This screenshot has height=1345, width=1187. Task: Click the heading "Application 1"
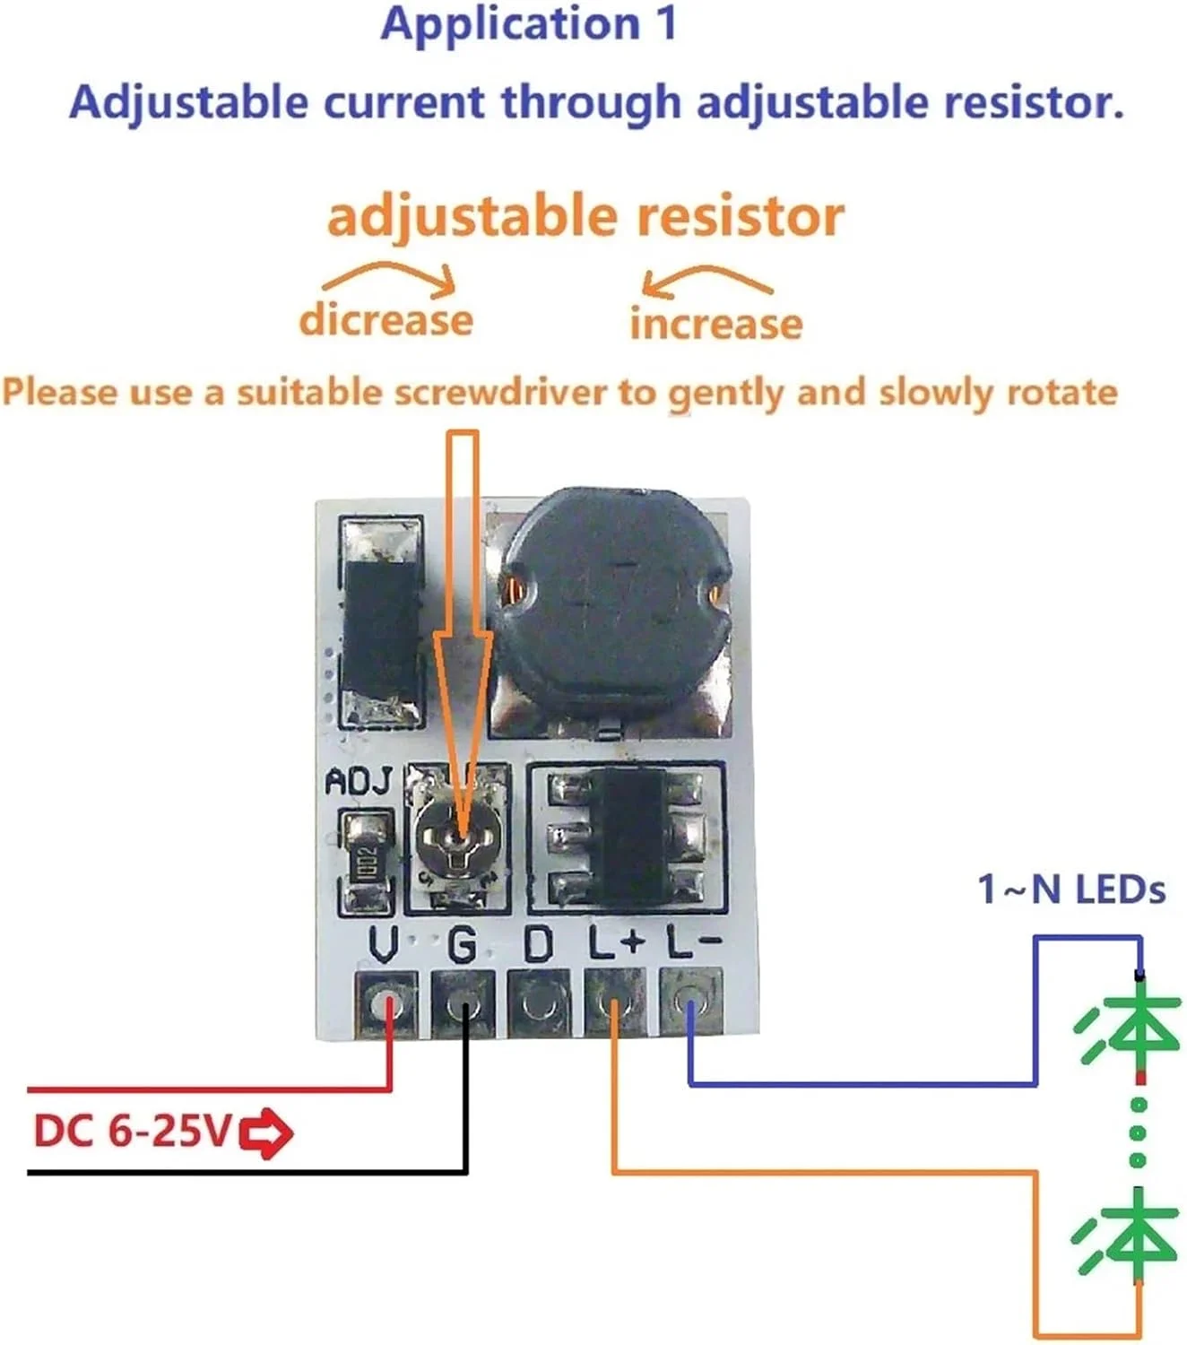tap(529, 24)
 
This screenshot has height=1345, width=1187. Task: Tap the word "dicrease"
tap(386, 320)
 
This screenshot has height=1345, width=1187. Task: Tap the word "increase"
tap(715, 324)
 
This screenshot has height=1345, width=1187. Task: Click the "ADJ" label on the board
tap(359, 782)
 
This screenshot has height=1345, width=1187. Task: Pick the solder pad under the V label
tap(386, 1002)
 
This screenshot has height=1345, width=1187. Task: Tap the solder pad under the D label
tap(538, 1002)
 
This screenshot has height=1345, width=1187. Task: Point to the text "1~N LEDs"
tap(1070, 889)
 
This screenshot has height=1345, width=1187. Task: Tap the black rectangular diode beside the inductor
tap(380, 624)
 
